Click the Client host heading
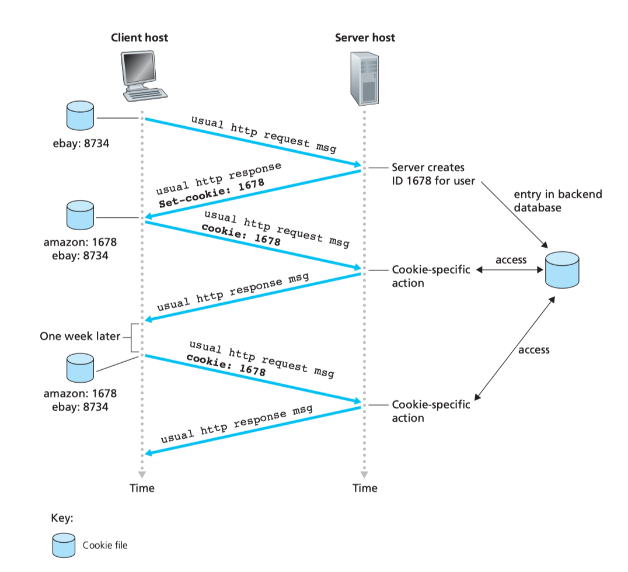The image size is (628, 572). click(x=139, y=37)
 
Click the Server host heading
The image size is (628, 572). click(x=365, y=37)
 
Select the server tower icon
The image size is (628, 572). click(x=364, y=78)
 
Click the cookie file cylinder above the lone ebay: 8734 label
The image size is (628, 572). click(x=80, y=116)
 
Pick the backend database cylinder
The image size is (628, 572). click(x=562, y=270)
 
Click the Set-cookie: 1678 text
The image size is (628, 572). click(x=211, y=193)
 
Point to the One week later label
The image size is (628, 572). click(x=80, y=336)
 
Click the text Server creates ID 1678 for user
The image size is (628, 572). click(x=433, y=174)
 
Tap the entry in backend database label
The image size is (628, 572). click(x=558, y=201)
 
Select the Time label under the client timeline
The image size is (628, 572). click(x=142, y=488)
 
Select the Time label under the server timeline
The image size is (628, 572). click(x=365, y=488)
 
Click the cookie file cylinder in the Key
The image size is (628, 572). click(x=64, y=545)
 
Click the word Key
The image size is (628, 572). click(x=62, y=518)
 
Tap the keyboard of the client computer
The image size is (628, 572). click(x=145, y=95)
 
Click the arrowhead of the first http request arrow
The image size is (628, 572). click(x=357, y=164)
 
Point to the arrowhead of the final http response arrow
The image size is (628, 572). click(x=148, y=453)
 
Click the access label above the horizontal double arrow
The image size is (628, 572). click(x=511, y=260)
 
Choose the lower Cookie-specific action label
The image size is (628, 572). click(x=431, y=411)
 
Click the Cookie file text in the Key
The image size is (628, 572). click(x=105, y=545)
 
